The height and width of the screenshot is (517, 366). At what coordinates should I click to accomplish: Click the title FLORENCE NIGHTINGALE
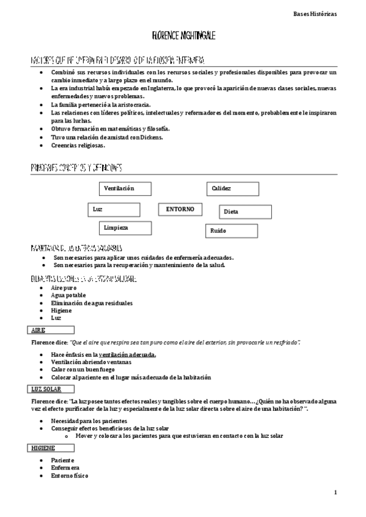click(x=183, y=37)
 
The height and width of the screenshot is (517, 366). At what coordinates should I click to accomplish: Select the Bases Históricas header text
click(x=332, y=13)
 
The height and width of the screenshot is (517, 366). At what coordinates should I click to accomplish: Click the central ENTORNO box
click(x=180, y=209)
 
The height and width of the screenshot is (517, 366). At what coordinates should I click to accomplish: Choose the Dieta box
click(x=245, y=212)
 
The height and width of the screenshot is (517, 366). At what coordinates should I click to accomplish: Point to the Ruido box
click(x=231, y=231)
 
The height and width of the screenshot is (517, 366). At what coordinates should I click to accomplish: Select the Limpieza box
click(x=125, y=228)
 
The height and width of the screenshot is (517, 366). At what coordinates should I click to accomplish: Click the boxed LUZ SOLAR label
click(x=53, y=388)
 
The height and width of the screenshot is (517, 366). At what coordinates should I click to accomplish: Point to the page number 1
click(x=335, y=491)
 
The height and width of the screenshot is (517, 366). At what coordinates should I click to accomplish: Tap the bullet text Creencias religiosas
click(x=78, y=146)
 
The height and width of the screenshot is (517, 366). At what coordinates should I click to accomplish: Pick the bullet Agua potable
click(x=68, y=295)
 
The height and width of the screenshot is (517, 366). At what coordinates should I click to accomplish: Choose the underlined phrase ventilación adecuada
click(x=127, y=354)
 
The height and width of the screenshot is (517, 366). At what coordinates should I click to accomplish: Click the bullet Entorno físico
click(x=70, y=476)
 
